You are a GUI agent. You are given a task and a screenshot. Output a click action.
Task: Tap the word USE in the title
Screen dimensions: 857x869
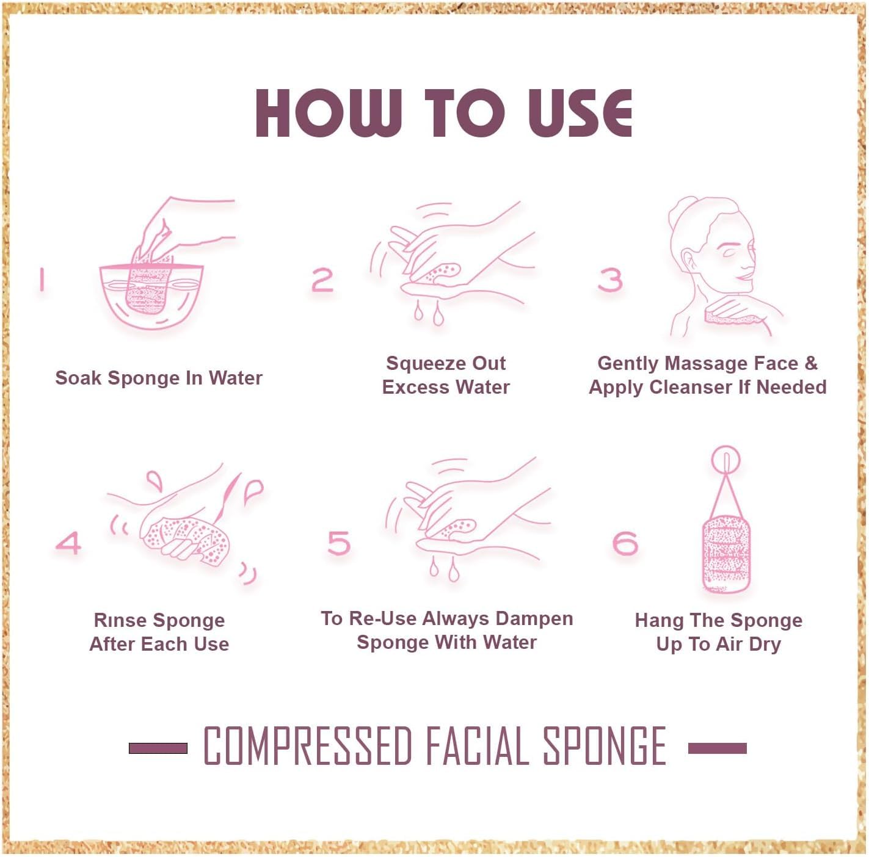[580, 113]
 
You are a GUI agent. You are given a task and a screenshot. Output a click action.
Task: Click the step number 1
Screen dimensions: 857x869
[42, 280]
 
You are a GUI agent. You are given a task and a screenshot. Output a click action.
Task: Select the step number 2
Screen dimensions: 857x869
[322, 280]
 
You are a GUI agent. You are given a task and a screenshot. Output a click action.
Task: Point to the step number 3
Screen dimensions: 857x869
[609, 280]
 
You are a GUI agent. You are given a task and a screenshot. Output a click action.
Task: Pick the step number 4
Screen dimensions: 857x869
[68, 543]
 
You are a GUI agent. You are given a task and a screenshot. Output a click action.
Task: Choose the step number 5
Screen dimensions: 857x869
[339, 543]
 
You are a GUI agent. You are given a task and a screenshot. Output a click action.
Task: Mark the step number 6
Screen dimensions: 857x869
[625, 543]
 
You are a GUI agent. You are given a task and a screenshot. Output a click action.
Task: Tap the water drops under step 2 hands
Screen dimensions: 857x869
[427, 314]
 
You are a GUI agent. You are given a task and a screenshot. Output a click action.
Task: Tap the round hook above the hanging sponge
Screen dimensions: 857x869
[725, 459]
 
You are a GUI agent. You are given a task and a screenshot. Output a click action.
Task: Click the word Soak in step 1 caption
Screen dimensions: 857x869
[78, 378]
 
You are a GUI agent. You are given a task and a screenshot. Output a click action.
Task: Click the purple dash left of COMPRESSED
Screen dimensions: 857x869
[158, 748]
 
